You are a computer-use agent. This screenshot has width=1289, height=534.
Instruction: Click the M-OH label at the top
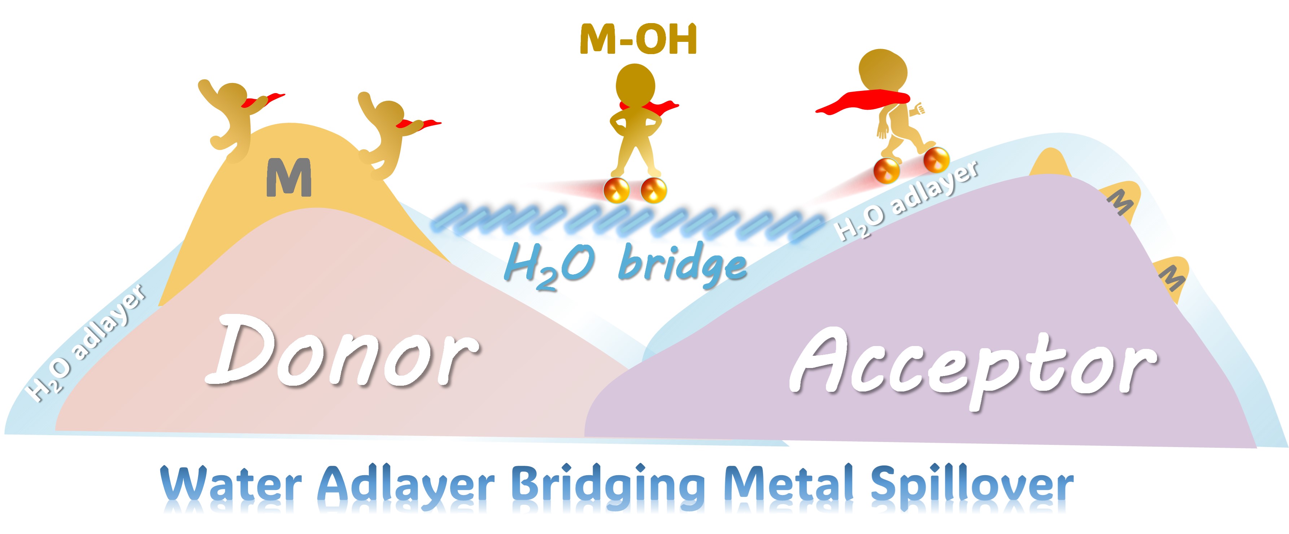pyautogui.click(x=638, y=40)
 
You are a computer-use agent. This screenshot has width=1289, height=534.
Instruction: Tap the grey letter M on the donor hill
pyautogui.click(x=289, y=178)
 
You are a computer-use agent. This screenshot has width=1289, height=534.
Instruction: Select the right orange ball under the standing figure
pyautogui.click(x=653, y=191)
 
